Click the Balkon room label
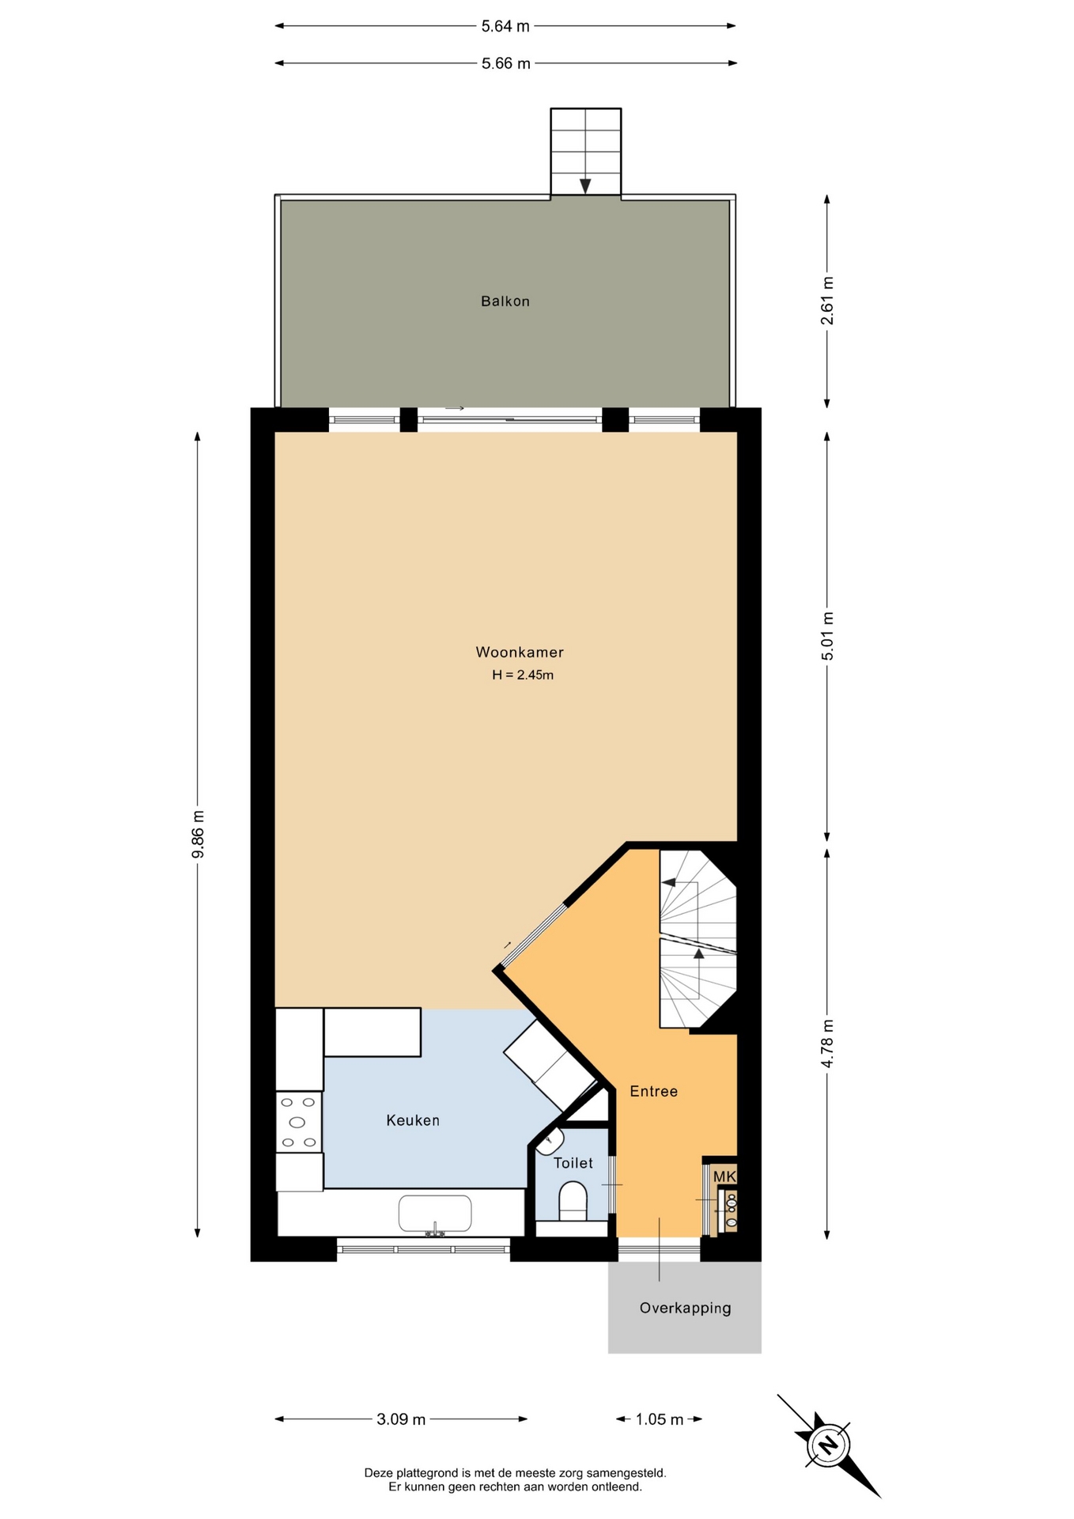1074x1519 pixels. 505,301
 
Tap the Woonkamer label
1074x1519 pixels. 520,653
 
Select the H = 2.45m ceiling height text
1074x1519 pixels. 523,676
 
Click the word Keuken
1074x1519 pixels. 413,1120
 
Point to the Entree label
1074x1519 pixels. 653,1092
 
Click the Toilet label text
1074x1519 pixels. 573,1163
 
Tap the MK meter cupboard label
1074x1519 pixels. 724,1176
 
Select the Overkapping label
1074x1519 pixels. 685,1309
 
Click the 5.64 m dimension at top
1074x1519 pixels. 505,26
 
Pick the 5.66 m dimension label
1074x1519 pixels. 505,63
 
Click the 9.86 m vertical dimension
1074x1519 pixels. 198,834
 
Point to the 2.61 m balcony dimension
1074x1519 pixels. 827,301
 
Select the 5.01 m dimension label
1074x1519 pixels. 827,636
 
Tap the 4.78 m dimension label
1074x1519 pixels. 827,1044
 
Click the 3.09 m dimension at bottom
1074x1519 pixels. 401,1419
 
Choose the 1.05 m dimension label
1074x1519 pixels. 660,1419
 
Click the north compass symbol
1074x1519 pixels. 828,1445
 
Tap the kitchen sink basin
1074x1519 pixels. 435,1213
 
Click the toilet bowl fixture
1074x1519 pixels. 573,1201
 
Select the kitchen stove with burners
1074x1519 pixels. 298,1122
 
